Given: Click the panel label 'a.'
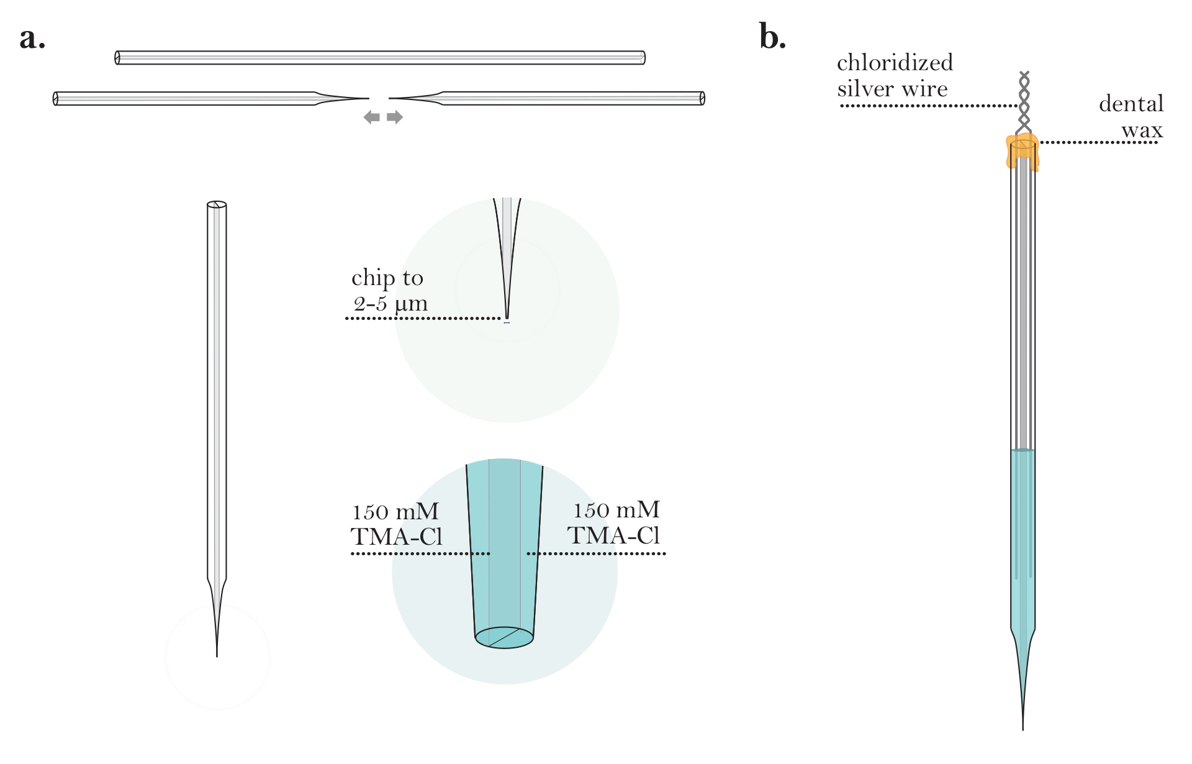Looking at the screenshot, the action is click(x=32, y=39).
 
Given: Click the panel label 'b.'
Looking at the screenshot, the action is click(x=772, y=37).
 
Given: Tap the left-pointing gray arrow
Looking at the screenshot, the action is click(x=371, y=117).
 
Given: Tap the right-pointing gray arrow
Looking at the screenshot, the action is click(x=395, y=117).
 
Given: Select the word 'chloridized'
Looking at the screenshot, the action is click(x=895, y=63).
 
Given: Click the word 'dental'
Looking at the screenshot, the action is click(x=1131, y=104).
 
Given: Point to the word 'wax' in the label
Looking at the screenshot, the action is click(x=1142, y=130).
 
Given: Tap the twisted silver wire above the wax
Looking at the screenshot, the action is click(x=1024, y=99).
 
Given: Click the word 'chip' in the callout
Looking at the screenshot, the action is click(x=371, y=278).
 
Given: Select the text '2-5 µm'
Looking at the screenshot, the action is click(x=391, y=304).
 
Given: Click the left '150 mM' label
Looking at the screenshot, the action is click(x=395, y=512).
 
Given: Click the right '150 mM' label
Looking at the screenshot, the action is click(x=616, y=511).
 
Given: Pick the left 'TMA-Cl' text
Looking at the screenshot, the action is click(x=396, y=537).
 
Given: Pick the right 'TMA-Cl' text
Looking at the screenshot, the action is click(x=613, y=535).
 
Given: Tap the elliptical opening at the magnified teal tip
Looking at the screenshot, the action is click(x=504, y=638).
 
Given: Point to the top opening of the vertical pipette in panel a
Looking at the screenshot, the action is click(x=217, y=204).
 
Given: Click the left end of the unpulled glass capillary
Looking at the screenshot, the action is click(x=117, y=58).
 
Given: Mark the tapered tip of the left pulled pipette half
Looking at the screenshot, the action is click(x=366, y=98).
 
